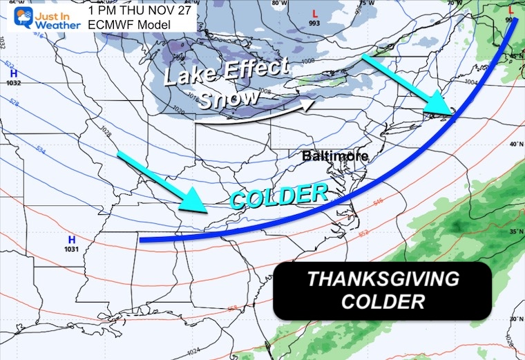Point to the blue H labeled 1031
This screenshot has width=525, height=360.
point(72,240)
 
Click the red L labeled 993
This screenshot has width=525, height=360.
point(316,13)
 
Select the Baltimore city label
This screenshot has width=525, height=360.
point(334,157)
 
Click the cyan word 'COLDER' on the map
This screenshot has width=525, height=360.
point(278,196)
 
